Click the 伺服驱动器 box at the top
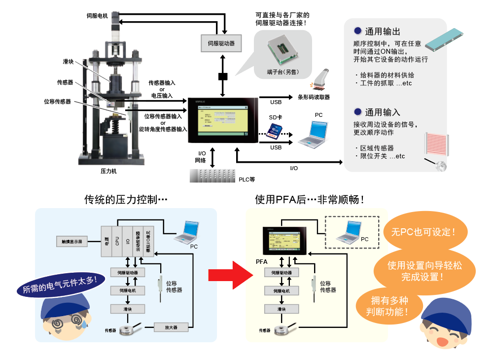pos(221,43)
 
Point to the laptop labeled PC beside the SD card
pos(312,133)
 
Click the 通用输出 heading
pos(382,32)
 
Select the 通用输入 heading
pos(382,112)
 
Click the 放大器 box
pos(171,326)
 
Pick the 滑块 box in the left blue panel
pos(128,309)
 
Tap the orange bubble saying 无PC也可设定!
pos(423,231)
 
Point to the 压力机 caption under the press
pos(108,171)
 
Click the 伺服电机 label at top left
pos(97,16)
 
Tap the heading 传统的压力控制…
pos(126,200)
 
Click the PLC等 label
pos(246,179)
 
